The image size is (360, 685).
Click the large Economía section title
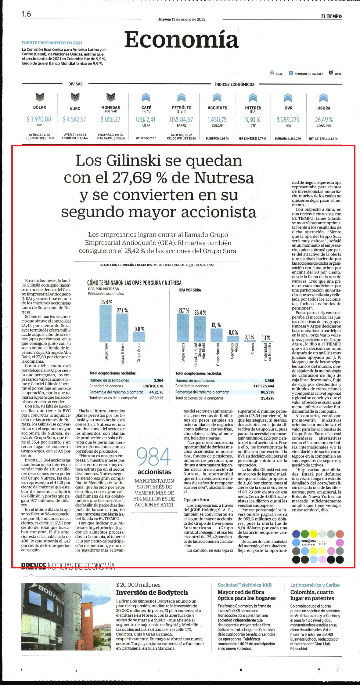(181, 40)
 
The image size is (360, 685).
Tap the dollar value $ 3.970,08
(39, 119)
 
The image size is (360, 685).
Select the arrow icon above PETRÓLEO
(182, 97)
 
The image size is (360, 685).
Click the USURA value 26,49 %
(324, 120)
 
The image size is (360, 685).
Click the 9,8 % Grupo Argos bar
(139, 337)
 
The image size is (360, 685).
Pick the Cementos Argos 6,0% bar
(233, 339)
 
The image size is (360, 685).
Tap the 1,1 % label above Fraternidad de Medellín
(266, 337)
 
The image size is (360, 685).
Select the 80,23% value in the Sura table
(267, 392)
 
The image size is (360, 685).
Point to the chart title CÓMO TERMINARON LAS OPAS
(134, 283)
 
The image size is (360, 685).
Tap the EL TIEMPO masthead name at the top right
(331, 16)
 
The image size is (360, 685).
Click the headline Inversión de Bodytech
(152, 593)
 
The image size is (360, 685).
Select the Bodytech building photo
(65, 617)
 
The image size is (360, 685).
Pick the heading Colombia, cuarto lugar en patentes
(312, 595)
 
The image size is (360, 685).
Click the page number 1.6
(26, 14)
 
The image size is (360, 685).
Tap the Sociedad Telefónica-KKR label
(245, 585)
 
